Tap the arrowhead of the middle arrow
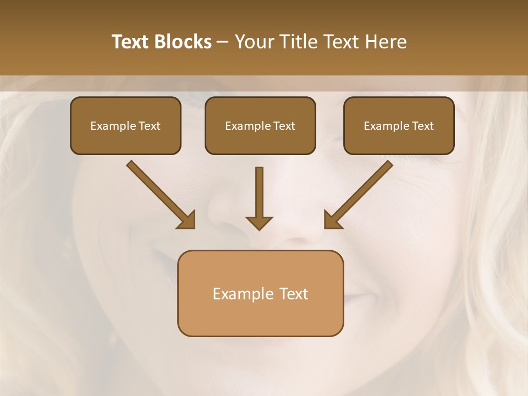[x=259, y=222]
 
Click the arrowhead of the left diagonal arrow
[x=187, y=219]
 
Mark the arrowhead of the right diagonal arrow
[x=332, y=219]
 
